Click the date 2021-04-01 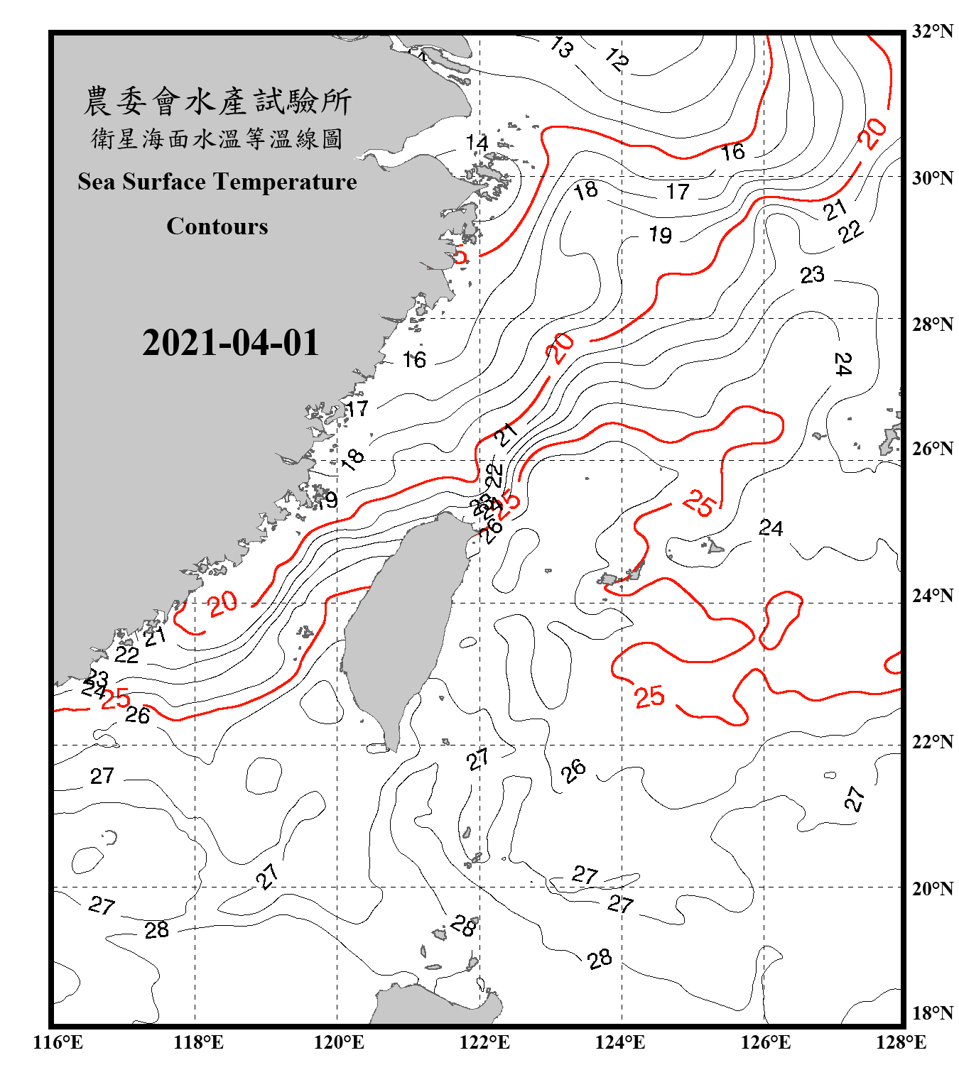pyautogui.click(x=231, y=343)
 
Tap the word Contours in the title pyautogui.click(x=217, y=226)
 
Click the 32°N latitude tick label pyautogui.click(x=932, y=31)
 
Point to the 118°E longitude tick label pyautogui.click(x=198, y=1042)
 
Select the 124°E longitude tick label pyautogui.click(x=620, y=1042)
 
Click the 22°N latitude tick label pyautogui.click(x=932, y=742)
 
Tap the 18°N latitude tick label pyautogui.click(x=932, y=1013)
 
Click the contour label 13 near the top pyautogui.click(x=561, y=48)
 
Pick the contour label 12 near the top pyautogui.click(x=617, y=60)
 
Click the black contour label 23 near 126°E pyautogui.click(x=812, y=275)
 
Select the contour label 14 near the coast pyautogui.click(x=477, y=143)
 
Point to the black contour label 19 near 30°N pyautogui.click(x=660, y=235)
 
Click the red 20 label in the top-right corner pyautogui.click(x=872, y=133)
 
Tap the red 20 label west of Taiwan pyautogui.click(x=222, y=603)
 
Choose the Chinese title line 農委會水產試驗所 pyautogui.click(x=217, y=102)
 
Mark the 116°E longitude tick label pyautogui.click(x=58, y=1042)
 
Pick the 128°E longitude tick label pyautogui.click(x=901, y=1042)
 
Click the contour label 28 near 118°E pyautogui.click(x=156, y=929)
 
